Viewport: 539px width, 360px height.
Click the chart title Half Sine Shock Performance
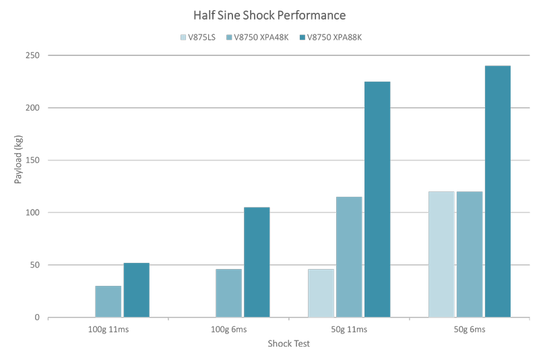pos(269,15)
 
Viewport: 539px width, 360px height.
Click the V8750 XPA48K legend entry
pos(262,37)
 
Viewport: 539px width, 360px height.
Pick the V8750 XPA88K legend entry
pos(334,37)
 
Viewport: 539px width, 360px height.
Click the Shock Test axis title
pos(288,344)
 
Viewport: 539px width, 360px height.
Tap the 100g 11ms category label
pos(108,330)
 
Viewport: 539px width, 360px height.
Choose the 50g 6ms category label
pos(469,330)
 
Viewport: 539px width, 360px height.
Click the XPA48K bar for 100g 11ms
pos(108,301)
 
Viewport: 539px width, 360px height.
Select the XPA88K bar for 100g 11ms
pos(136,290)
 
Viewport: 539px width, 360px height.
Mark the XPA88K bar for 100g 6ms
pos(257,262)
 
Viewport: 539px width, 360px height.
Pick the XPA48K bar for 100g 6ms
pos(228,293)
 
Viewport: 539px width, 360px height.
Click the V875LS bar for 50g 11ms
pos(321,293)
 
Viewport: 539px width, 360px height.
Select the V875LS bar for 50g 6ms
pos(441,255)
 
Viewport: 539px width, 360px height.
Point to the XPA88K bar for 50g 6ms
pos(498,191)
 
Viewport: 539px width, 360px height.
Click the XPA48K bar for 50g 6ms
pos(470,255)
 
